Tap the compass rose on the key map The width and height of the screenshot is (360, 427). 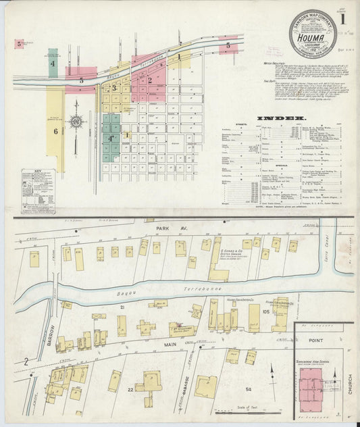pos(76,122)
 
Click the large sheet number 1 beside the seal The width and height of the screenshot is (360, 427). pos(342,19)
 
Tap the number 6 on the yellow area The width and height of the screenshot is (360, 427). pos(55,131)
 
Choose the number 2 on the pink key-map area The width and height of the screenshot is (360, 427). pos(150,80)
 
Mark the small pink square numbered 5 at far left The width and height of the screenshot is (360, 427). pos(20,45)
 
